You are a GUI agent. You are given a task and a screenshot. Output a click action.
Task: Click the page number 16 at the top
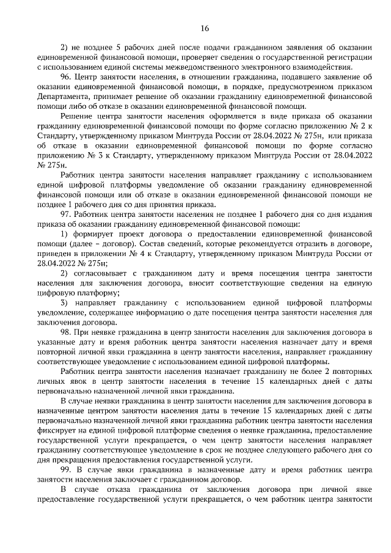point(204,28)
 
